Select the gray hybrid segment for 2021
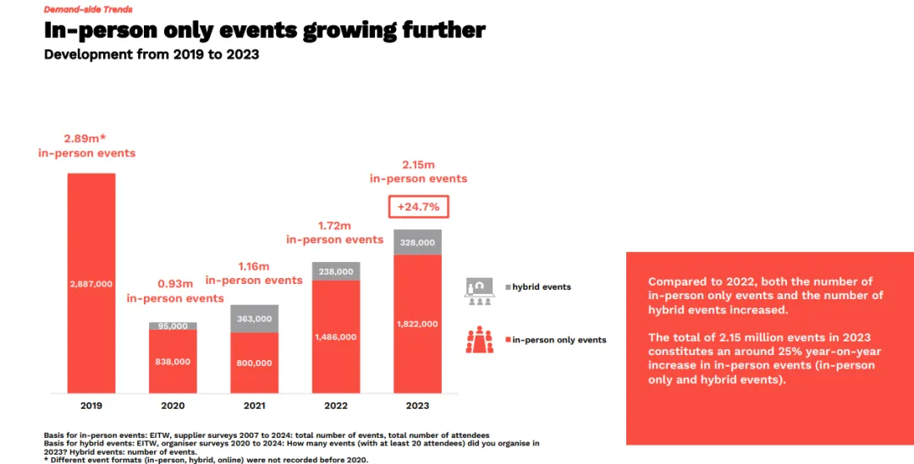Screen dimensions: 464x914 pyautogui.click(x=254, y=319)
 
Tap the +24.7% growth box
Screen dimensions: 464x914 pyautogui.click(x=419, y=207)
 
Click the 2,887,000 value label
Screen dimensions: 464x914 pyautogui.click(x=91, y=284)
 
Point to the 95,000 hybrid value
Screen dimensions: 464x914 pyautogui.click(x=173, y=325)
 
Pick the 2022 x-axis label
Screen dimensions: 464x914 pyautogui.click(x=336, y=406)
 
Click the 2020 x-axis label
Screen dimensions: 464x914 pyautogui.click(x=173, y=406)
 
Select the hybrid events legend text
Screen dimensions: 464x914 pyautogui.click(x=542, y=287)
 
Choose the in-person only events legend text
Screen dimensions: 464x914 pyautogui.click(x=559, y=340)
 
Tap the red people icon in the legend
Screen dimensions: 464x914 pyautogui.click(x=480, y=339)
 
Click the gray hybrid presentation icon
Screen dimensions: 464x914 pyautogui.click(x=480, y=290)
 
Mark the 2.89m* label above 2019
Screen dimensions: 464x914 pyautogui.click(x=86, y=137)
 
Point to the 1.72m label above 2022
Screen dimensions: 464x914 pyautogui.click(x=335, y=227)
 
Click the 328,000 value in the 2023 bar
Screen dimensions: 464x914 pyautogui.click(x=417, y=243)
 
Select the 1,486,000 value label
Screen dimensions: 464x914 pyautogui.click(x=336, y=336)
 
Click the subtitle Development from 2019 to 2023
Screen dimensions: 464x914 pyautogui.click(x=151, y=55)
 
